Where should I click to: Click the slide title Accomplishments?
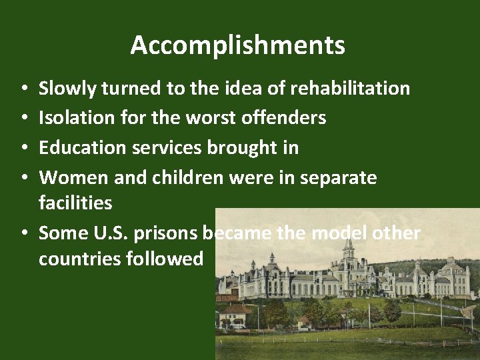tap(238, 45)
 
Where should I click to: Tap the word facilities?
tap(75, 203)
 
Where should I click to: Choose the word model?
tap(347, 233)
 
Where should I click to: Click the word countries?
tap(79, 259)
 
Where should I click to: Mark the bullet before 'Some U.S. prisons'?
tap(23, 233)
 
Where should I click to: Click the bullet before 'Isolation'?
tap(23, 119)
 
